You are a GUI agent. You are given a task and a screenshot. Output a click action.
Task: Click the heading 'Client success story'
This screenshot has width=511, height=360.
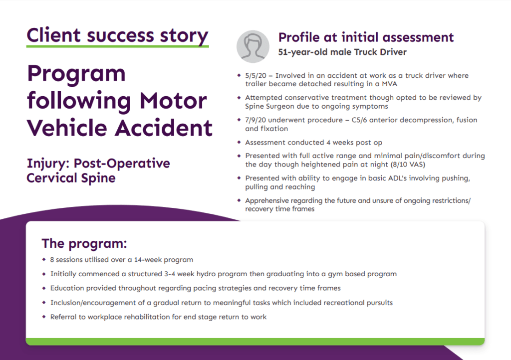coord(117,35)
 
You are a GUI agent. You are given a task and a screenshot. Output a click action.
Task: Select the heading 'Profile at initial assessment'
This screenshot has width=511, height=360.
coord(366,37)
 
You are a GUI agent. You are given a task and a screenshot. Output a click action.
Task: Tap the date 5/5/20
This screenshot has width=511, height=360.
coord(255,76)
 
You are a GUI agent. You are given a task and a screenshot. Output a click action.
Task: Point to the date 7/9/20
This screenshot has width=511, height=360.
coord(255,120)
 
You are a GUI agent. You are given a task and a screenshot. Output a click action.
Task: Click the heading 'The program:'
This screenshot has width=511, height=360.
coord(84,244)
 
